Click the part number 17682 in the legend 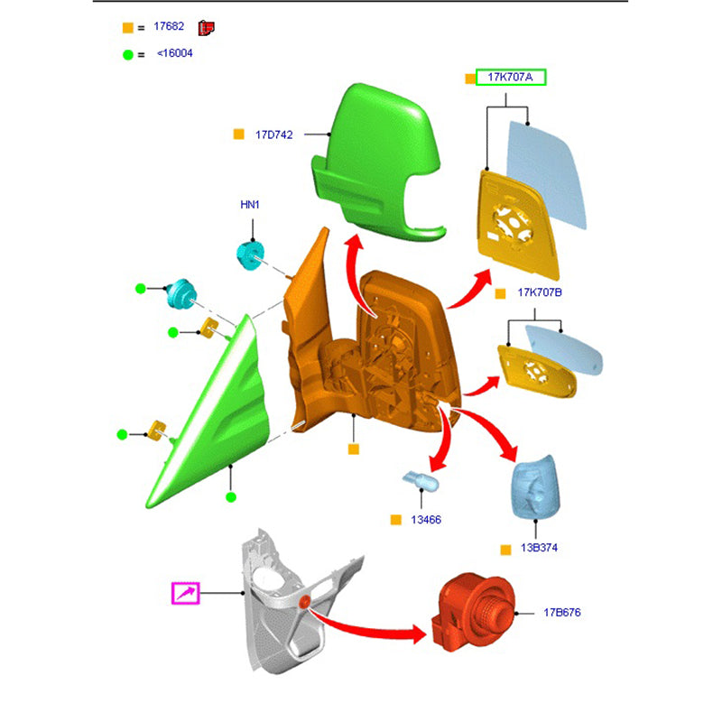(169, 26)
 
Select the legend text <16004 (175, 53)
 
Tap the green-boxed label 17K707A (511, 78)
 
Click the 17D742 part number (274, 134)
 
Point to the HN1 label (250, 205)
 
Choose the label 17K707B (540, 292)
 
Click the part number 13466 (426, 520)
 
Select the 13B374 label (539, 548)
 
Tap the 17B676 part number (562, 613)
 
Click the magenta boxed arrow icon (186, 593)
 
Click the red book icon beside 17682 (207, 28)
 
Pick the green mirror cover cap (376, 162)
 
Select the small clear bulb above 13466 (421, 481)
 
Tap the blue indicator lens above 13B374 (535, 487)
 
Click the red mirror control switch (473, 613)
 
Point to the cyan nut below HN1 (251, 255)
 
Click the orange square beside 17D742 (238, 134)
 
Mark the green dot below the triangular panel (231, 497)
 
